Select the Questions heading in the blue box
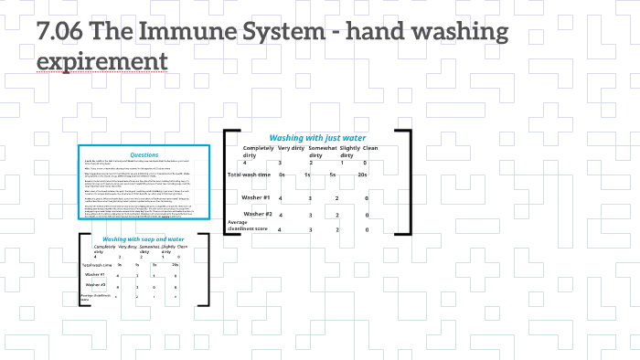[x=144, y=154]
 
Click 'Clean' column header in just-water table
[x=370, y=148]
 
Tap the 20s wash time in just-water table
[x=363, y=175]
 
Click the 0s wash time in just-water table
[x=283, y=175]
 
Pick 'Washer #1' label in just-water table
[x=255, y=197]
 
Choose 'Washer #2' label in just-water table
[x=255, y=214]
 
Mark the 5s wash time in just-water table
[x=335, y=175]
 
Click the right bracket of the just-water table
[x=407, y=183]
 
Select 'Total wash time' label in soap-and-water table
[x=99, y=264]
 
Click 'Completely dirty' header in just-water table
[x=259, y=152]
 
